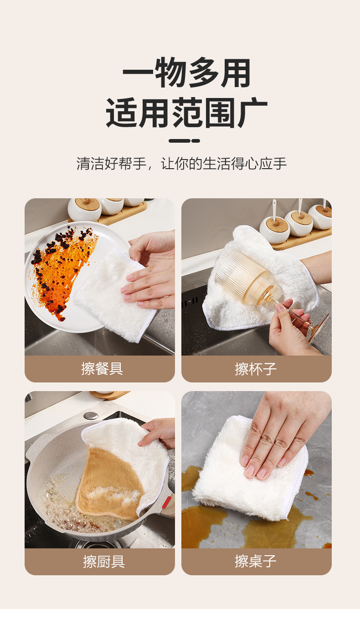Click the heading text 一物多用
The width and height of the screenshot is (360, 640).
click(x=186, y=72)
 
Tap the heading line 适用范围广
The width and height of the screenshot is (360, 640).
click(x=186, y=113)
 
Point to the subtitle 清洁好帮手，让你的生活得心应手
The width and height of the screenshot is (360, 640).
click(x=181, y=164)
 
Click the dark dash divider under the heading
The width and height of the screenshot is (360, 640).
click(x=184, y=141)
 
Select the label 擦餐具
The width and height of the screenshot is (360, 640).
click(x=102, y=369)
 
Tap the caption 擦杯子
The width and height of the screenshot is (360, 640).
click(x=256, y=369)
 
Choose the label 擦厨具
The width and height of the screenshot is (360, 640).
click(x=104, y=562)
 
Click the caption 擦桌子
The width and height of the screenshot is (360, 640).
click(x=256, y=562)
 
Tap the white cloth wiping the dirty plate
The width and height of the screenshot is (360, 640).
click(x=114, y=294)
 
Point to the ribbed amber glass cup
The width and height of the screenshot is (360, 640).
click(x=243, y=275)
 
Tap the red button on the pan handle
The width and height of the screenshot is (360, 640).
click(x=167, y=503)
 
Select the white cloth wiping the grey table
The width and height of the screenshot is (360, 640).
click(x=248, y=469)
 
